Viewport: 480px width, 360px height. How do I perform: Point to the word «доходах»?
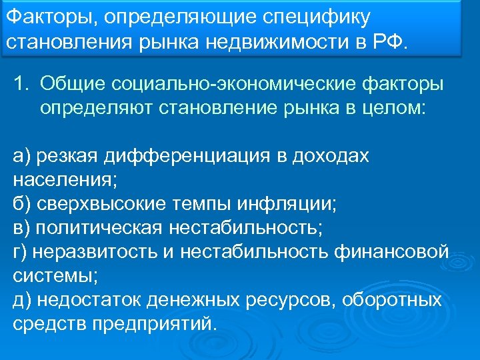(x=332, y=155)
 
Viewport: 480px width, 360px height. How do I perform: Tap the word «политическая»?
(x=99, y=227)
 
